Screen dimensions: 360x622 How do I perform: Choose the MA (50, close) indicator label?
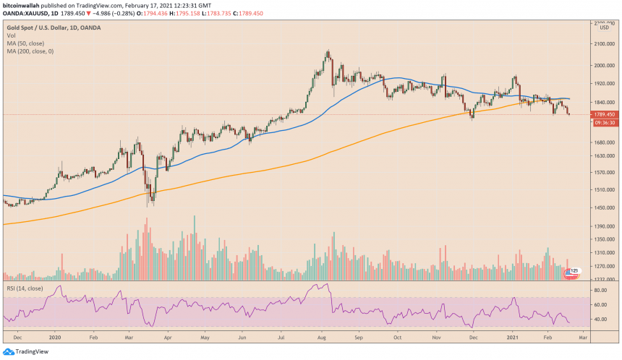[x=23, y=43]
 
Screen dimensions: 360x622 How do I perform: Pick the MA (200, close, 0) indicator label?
[x=27, y=51]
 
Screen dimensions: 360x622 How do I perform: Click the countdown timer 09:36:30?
[x=604, y=122]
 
